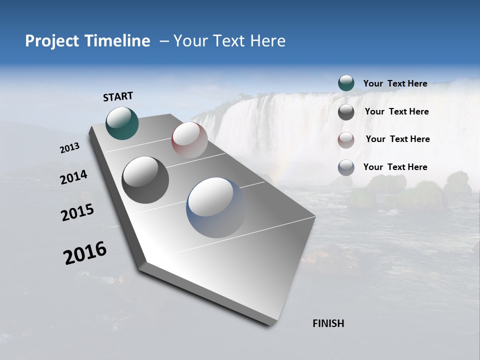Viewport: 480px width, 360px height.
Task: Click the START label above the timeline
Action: (118, 96)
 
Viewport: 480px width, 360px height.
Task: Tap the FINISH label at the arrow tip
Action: (328, 323)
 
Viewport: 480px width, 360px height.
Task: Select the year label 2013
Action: (69, 148)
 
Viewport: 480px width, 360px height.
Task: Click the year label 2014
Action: (73, 177)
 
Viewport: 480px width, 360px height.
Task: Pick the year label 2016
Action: (85, 253)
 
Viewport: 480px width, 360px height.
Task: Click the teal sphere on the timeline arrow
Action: (122, 123)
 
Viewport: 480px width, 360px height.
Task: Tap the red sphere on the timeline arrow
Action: (189, 140)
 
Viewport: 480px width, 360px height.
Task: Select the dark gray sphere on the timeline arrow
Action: (145, 180)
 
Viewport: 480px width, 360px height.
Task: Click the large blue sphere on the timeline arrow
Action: (216, 207)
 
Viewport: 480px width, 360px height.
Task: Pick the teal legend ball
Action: (346, 83)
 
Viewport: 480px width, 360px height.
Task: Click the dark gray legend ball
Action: (346, 112)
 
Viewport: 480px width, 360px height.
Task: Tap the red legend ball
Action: (346, 140)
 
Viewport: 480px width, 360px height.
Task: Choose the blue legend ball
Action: (346, 167)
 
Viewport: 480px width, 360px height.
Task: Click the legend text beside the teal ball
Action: (395, 83)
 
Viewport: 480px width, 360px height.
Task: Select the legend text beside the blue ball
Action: (395, 167)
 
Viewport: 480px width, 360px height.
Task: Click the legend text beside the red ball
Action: (397, 139)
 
